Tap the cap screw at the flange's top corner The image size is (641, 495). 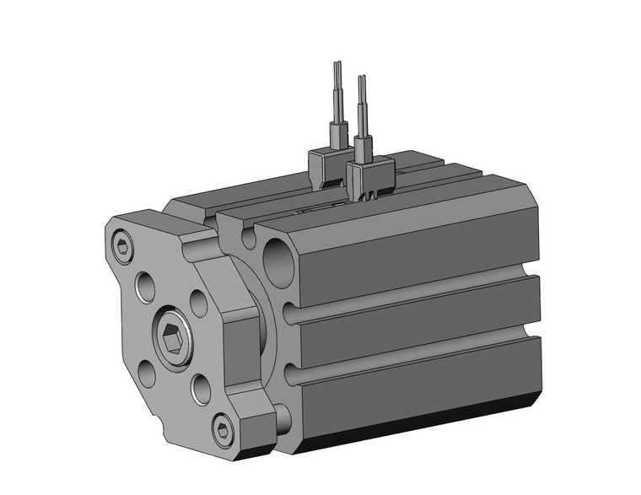click(x=123, y=246)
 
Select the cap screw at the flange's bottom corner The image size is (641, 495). click(x=223, y=432)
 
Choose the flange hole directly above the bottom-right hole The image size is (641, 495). click(x=199, y=303)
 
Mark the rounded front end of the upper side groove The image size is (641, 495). click(x=292, y=314)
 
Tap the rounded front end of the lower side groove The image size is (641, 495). click(x=292, y=374)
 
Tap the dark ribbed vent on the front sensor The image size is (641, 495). click(x=371, y=196)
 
